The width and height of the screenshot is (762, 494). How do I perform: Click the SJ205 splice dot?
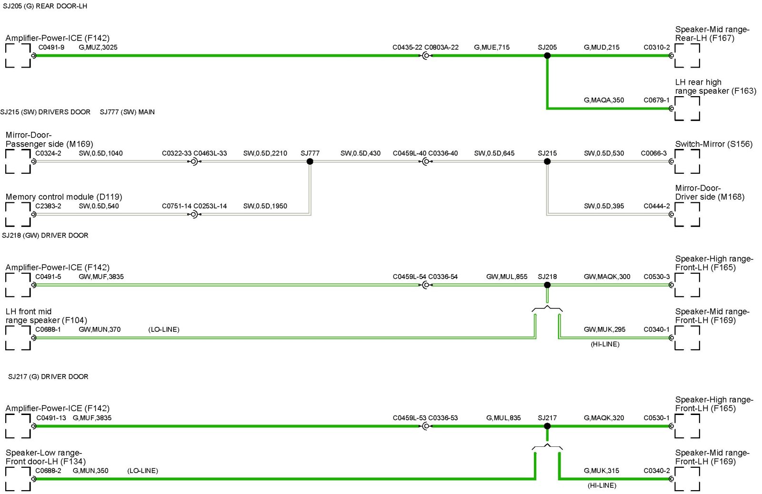pos(547,56)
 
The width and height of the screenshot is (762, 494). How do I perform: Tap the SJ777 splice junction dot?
pos(310,162)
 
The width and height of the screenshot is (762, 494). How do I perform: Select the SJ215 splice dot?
pos(547,162)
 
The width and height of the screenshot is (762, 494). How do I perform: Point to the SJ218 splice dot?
pos(547,285)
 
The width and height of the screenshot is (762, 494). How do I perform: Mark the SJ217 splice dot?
pos(547,426)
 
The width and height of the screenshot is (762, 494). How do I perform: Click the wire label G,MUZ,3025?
pos(98,48)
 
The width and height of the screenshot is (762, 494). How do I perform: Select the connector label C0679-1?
pos(656,100)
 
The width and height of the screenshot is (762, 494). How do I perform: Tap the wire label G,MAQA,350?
pos(604,100)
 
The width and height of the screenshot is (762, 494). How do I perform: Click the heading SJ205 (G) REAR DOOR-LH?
pos(45,6)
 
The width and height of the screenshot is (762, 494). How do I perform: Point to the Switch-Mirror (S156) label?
pos(713,144)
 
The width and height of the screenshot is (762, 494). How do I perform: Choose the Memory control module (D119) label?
pos(64,197)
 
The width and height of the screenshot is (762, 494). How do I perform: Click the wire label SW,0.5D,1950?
pos(265,206)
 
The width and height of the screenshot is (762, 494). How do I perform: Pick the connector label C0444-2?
pos(656,206)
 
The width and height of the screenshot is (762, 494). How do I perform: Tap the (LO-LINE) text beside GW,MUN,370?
pos(164,329)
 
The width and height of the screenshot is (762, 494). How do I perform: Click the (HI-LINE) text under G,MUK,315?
pos(602,485)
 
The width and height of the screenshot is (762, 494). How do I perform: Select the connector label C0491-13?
pos(51,418)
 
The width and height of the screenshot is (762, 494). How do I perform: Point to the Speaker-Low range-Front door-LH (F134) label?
pos(45,457)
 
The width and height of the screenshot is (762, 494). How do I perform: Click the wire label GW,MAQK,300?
pos(607,277)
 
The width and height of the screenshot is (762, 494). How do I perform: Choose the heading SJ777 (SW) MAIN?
pos(127,112)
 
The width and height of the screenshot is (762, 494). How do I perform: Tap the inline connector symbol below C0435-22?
pos(426,56)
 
